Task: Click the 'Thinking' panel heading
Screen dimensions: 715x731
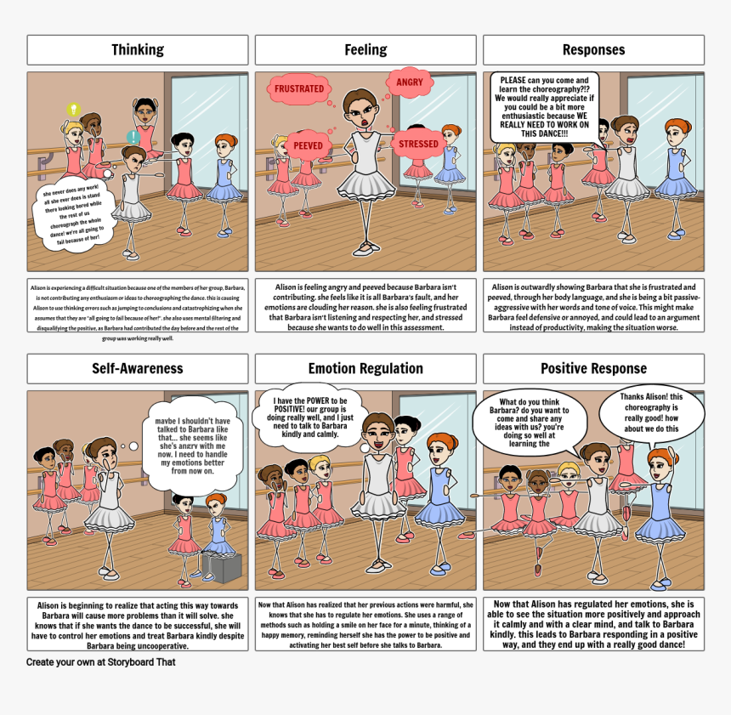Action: pyautogui.click(x=138, y=50)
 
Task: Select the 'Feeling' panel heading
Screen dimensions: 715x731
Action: pyautogui.click(x=365, y=50)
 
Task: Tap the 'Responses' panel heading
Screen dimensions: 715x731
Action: pyautogui.click(x=593, y=50)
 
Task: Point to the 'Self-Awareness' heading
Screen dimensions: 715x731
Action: pyautogui.click(x=138, y=369)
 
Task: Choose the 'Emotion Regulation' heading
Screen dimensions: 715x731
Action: pyautogui.click(x=365, y=369)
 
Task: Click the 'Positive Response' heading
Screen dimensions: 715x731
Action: pyautogui.click(x=593, y=369)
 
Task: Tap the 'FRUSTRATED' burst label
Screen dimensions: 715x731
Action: pyautogui.click(x=298, y=88)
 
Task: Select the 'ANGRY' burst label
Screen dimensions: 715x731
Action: pyautogui.click(x=409, y=82)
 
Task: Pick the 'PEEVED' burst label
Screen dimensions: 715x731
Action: pyautogui.click(x=308, y=145)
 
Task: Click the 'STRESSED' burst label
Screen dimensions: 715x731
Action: pyautogui.click(x=418, y=144)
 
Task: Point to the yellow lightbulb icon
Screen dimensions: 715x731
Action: pyautogui.click(x=74, y=110)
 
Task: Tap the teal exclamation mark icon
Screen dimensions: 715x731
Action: pyautogui.click(x=133, y=137)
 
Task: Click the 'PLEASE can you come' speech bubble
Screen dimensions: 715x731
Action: pyautogui.click(x=543, y=106)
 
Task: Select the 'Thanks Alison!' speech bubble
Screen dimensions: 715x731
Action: pyautogui.click(x=651, y=412)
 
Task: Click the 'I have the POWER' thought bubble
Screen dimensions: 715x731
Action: pyautogui.click(x=309, y=417)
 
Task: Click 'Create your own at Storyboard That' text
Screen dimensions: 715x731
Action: pyautogui.click(x=100, y=662)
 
